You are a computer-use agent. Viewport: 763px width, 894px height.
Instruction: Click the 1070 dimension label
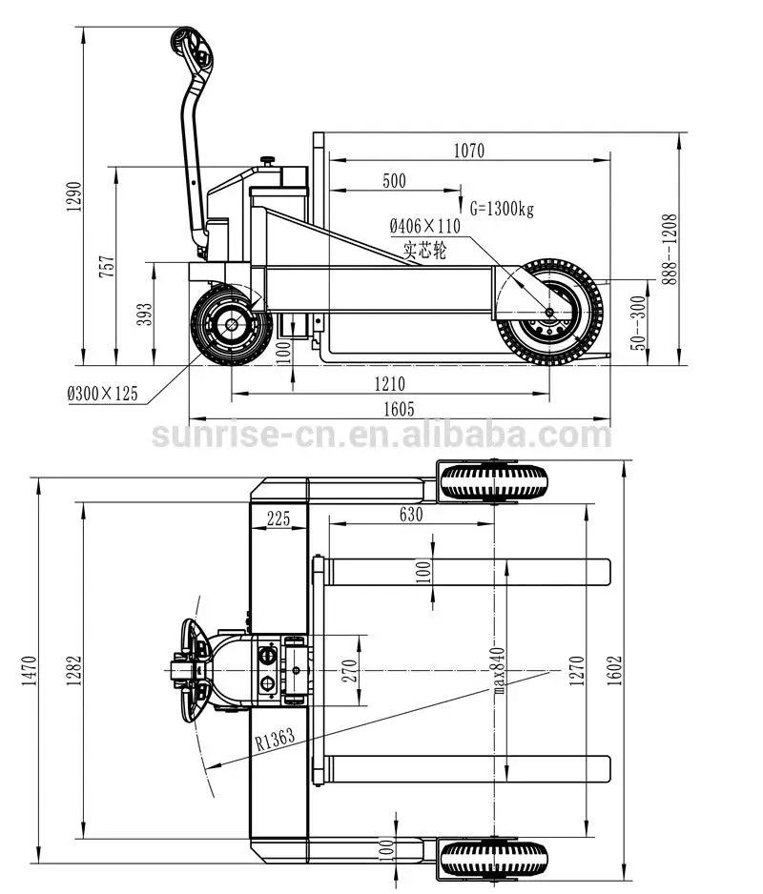pos(469,150)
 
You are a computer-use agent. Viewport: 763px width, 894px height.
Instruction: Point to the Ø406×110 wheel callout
pos(424,227)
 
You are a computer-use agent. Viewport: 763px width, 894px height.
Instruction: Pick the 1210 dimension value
pos(390,384)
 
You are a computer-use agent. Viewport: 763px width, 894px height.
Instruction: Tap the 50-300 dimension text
pos(638,321)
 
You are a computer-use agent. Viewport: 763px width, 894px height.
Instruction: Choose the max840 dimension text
pos(497,666)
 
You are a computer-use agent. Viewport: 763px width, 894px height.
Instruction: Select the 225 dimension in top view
pos(278,518)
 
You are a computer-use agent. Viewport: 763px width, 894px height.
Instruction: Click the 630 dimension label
pos(410,515)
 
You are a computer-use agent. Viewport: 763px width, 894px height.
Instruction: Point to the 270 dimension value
pos(349,673)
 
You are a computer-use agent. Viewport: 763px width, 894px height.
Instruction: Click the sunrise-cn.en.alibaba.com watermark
pos(381,436)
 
